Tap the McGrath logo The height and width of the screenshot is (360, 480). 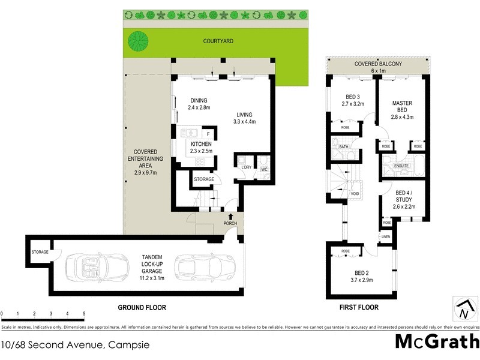point(436,342)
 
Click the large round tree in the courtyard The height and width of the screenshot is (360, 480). point(139,41)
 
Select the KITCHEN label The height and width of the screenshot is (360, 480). point(201,145)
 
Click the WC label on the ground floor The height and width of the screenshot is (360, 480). point(263,170)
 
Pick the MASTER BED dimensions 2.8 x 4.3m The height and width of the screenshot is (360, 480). point(402,117)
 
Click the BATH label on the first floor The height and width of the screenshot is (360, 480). point(343,146)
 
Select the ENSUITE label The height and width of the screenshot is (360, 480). point(401,165)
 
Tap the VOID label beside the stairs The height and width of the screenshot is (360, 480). point(355,193)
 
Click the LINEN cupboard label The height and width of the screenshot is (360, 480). point(386,237)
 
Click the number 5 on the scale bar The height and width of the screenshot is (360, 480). point(84,314)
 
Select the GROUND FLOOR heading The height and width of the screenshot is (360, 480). point(142,307)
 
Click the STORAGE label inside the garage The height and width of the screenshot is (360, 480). point(40,252)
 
